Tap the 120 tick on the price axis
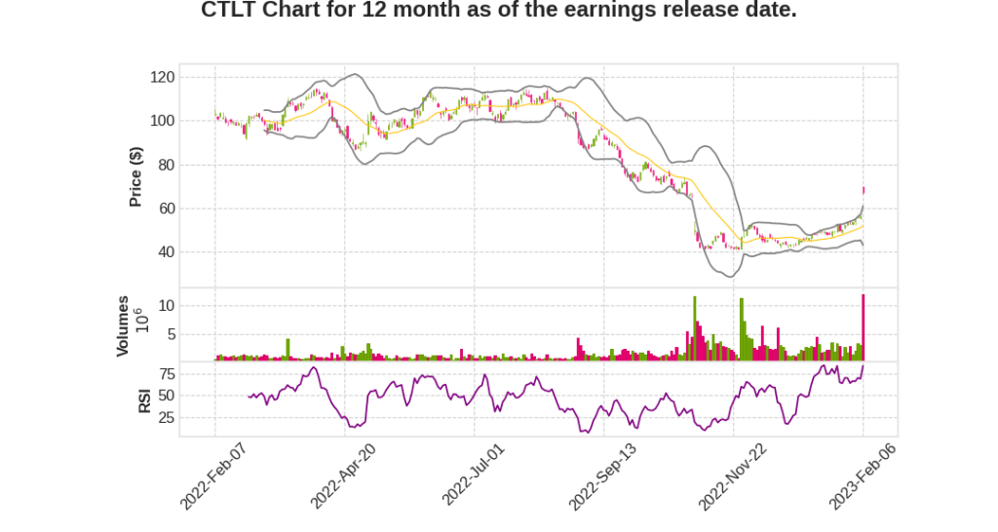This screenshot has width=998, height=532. (x=163, y=77)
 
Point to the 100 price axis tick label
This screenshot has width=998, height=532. (x=163, y=121)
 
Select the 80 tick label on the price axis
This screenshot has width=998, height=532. (x=167, y=165)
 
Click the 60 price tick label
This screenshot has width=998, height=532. (x=167, y=209)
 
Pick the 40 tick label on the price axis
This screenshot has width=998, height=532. (x=167, y=252)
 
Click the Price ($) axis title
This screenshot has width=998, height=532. (x=136, y=176)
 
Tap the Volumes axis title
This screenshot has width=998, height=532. (x=123, y=325)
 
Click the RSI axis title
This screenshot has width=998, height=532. (x=143, y=400)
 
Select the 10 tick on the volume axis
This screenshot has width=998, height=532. (x=167, y=305)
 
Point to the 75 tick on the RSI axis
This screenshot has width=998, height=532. (x=167, y=373)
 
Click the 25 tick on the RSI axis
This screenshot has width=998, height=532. (x=167, y=418)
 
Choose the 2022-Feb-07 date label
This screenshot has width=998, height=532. (x=212, y=475)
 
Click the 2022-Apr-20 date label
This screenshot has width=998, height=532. (x=343, y=475)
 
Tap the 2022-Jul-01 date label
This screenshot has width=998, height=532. (x=474, y=475)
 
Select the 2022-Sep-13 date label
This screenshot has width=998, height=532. (x=602, y=475)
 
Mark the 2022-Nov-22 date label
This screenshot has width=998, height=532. (x=733, y=475)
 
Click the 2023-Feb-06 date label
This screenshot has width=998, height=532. (x=863, y=475)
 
